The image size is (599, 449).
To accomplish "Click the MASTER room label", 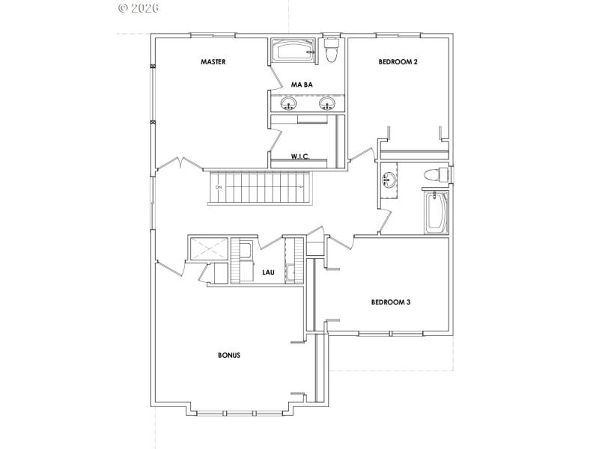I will [213, 62].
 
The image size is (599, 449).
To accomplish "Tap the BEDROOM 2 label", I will [398, 62].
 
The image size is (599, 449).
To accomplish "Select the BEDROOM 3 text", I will [390, 303].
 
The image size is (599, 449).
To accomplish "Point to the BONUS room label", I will [228, 355].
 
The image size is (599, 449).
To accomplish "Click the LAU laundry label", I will [268, 273].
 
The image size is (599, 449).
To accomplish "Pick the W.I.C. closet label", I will [300, 157].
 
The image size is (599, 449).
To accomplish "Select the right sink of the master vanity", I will [326, 103].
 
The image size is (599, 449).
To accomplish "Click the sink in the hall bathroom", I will [389, 180].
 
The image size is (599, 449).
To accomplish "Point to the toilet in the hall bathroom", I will [434, 174].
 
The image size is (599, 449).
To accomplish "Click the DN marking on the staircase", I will [219, 186].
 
